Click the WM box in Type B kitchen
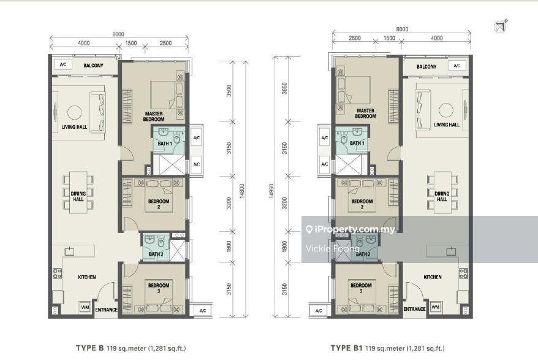tap(85, 307)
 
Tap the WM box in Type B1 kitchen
tap(435, 307)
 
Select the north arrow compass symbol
tap(500, 26)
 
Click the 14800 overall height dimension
tap(242, 191)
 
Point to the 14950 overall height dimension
tap(271, 191)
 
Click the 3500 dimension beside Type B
tap(229, 91)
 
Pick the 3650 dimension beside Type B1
tap(284, 88)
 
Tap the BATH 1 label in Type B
tap(165, 144)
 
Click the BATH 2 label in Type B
tap(156, 254)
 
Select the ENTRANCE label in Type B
tap(106, 310)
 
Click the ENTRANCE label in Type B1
tap(414, 309)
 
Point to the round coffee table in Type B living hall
tap(75, 112)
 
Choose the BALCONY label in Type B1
tap(426, 67)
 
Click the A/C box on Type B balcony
tap(63, 64)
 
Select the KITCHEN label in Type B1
tap(433, 277)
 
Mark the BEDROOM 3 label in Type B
tap(159, 288)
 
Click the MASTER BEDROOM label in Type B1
tap(365, 113)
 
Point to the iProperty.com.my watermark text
tap(355, 229)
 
